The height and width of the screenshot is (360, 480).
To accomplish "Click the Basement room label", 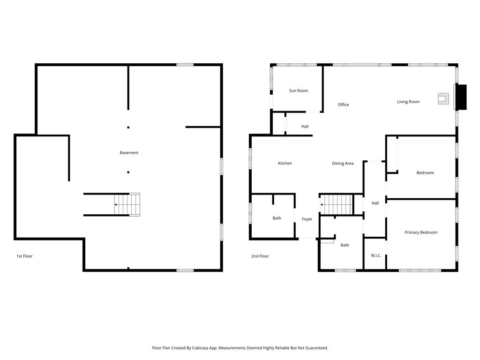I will point(129,153).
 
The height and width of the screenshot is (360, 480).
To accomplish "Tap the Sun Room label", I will point(299,91).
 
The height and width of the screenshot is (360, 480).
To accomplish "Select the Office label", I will point(343,105).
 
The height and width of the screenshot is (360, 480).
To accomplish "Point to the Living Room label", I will point(408,102).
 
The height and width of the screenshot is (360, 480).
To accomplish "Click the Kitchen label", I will point(285,164).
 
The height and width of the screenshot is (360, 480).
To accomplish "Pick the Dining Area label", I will point(343,164).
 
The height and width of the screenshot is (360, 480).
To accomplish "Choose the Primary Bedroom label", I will point(421,232).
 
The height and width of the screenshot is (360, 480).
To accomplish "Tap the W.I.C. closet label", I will point(376,255).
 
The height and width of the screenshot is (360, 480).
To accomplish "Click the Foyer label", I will point(307,219).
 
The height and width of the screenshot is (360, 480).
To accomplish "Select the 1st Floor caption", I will point(24,256).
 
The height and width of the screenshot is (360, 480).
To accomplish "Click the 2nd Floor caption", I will point(260,256).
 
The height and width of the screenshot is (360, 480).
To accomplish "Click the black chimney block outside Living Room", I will point(461,97).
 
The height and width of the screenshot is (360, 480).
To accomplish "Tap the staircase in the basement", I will point(127,204).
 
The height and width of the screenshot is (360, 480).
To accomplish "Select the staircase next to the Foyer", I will point(337,204).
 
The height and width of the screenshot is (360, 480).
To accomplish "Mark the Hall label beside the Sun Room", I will point(305,127).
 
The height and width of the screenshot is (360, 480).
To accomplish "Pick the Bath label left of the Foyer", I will point(277,218).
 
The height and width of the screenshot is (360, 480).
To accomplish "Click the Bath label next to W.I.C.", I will point(345,245).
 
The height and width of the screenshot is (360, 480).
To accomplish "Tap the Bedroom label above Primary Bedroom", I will point(425,173).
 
